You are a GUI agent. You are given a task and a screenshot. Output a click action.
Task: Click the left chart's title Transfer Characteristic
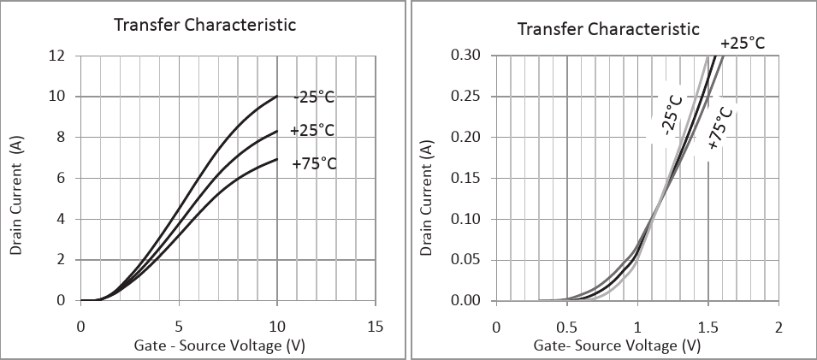[x=204, y=25]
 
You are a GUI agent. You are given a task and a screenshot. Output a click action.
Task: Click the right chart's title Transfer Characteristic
[x=608, y=29]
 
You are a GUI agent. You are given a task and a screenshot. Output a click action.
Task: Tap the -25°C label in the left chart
[x=314, y=97]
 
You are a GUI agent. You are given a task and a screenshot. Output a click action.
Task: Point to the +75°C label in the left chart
[x=314, y=163]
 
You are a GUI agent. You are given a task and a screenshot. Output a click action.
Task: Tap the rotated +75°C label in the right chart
[x=721, y=129]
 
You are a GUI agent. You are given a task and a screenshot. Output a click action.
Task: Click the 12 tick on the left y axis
[x=57, y=56]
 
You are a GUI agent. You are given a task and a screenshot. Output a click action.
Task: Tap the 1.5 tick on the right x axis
[x=707, y=328]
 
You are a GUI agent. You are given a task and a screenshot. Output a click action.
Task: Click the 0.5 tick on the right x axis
[x=566, y=328]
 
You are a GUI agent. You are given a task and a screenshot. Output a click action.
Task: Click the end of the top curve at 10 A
[x=277, y=97]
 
